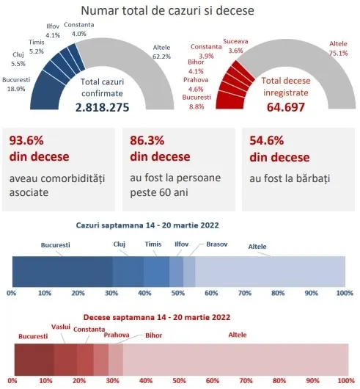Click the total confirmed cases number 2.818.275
pyautogui.click(x=102, y=107)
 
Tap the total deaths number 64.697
pyautogui.click(x=286, y=107)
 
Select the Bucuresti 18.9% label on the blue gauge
pyautogui.click(x=16, y=84)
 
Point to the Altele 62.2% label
pyautogui.click(x=161, y=52)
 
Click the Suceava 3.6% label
pyautogui.click(x=235, y=46)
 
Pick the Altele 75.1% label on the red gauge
pyautogui.click(x=339, y=48)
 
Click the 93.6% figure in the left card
pyautogui.click(x=26, y=140)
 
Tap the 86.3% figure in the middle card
pyautogui.click(x=147, y=140)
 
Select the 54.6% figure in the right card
pyautogui.click(x=267, y=140)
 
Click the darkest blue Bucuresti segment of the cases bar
pyautogui.click(x=62, y=272)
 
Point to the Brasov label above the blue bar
pyautogui.click(x=217, y=244)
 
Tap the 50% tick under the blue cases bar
pyautogui.click(x=178, y=293)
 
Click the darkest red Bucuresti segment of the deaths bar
pyautogui.click(x=34, y=360)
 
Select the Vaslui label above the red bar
pyautogui.click(x=61, y=327)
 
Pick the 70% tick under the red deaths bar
pyautogui.click(x=246, y=380)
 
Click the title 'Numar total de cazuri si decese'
pyautogui.click(x=167, y=11)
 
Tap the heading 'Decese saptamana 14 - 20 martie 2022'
pyautogui.click(x=157, y=317)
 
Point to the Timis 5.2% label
pyautogui.click(x=37, y=47)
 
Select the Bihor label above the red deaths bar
pyautogui.click(x=154, y=335)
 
